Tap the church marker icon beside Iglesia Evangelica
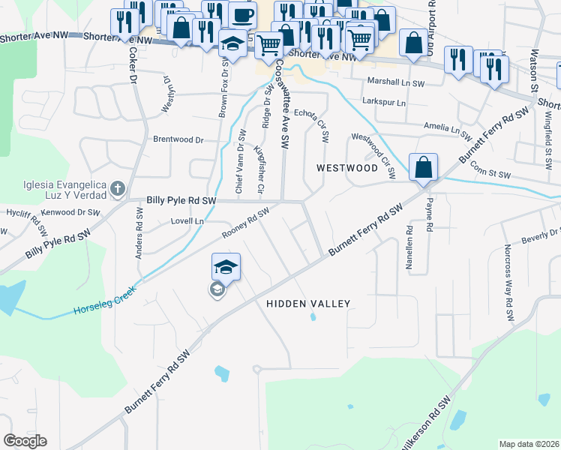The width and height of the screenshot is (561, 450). (117, 189)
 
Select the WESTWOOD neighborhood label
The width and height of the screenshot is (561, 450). (346, 168)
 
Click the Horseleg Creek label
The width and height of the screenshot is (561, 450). (104, 307)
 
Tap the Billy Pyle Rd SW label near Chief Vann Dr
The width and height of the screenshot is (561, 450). (181, 201)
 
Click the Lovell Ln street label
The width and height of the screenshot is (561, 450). (187, 222)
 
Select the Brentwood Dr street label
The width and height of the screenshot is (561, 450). (178, 139)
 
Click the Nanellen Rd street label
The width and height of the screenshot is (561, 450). (409, 247)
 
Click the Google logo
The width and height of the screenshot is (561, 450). (25, 441)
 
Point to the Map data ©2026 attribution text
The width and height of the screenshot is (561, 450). (529, 444)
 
